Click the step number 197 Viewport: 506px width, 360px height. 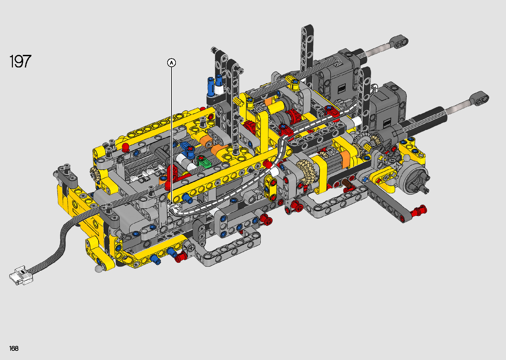[20, 61]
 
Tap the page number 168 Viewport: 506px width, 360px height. [14, 348]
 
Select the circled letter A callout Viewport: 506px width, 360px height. [172, 62]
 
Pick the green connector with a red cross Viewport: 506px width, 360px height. [204, 161]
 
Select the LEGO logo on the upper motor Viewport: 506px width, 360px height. [341, 89]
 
